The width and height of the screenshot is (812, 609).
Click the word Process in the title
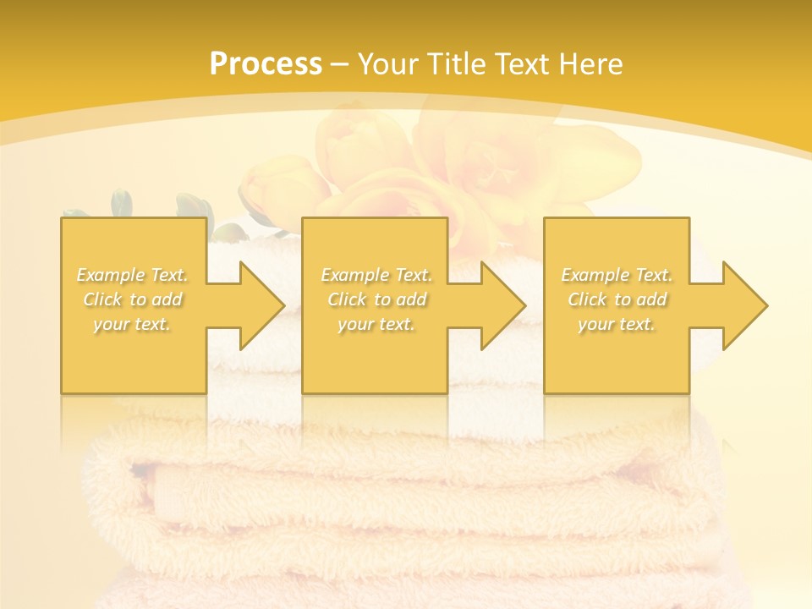click(266, 64)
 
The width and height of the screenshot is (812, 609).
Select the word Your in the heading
click(387, 64)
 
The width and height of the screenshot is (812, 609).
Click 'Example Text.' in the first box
click(133, 275)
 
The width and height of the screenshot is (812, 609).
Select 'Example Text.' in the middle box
click(376, 275)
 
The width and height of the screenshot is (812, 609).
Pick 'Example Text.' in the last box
click(617, 275)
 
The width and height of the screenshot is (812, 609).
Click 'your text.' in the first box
click(133, 324)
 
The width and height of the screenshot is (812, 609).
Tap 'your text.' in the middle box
click(376, 324)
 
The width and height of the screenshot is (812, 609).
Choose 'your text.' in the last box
click(617, 324)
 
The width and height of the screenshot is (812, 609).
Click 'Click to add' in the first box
click(133, 299)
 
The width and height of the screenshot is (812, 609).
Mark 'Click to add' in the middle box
click(376, 299)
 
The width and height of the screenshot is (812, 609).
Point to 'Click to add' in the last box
click(617, 299)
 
